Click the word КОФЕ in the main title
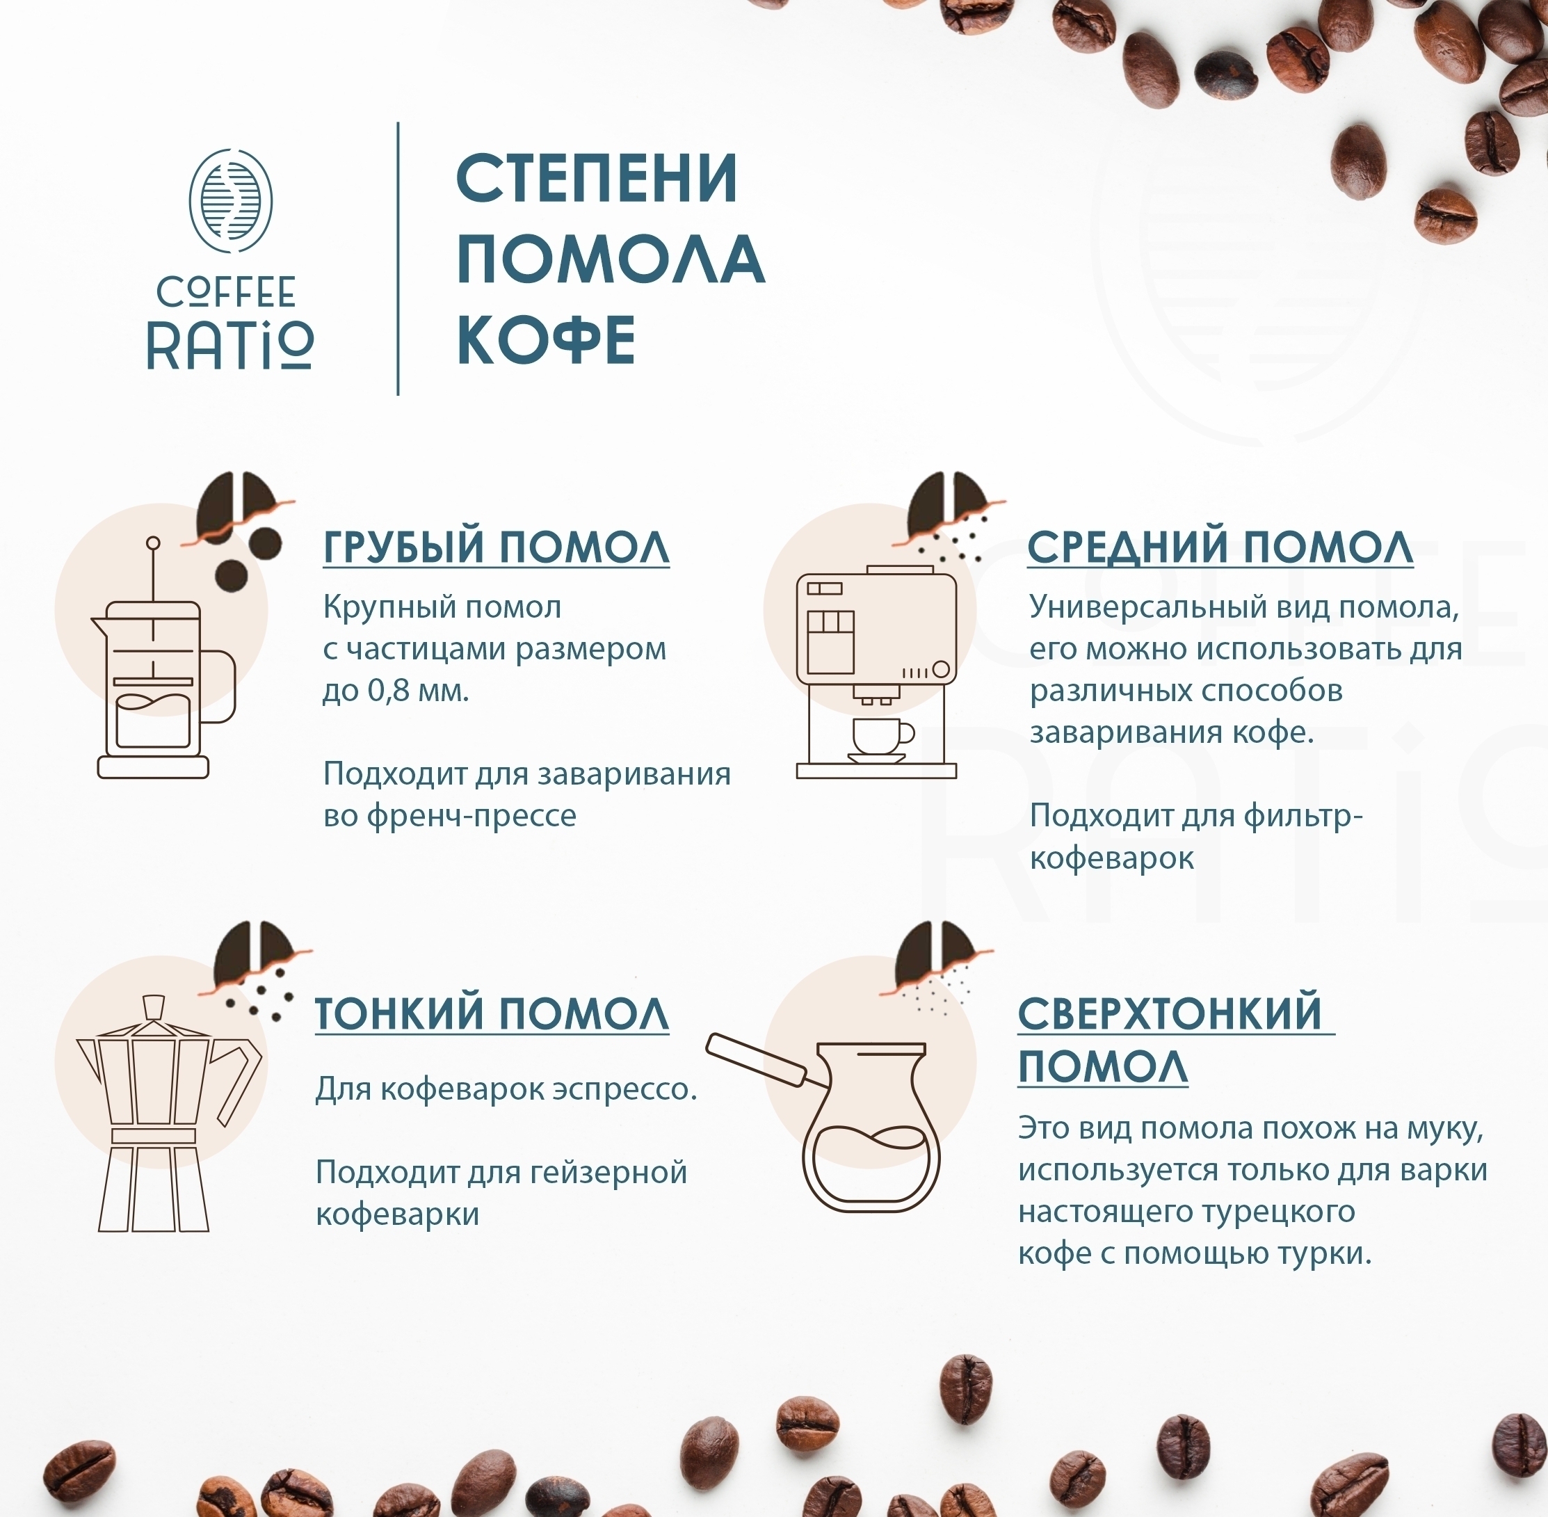[546, 341]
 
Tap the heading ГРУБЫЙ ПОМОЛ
[497, 547]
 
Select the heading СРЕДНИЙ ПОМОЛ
[1220, 547]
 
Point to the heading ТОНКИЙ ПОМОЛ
[492, 1013]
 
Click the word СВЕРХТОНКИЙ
[1170, 1013]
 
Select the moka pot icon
[168, 1113]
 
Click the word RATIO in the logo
[230, 346]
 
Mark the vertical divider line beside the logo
[398, 258]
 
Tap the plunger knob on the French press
[153, 543]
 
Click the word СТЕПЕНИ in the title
[597, 179]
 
